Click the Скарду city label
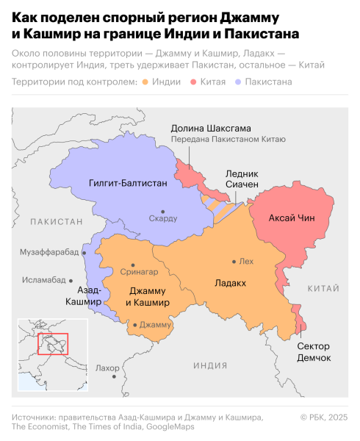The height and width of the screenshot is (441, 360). coord(163,218)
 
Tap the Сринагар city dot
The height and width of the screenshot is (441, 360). coord(133,265)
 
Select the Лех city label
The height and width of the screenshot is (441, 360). coord(246,261)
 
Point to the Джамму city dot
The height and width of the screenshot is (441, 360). coord(135,324)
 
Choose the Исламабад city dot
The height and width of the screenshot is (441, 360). coord(71,280)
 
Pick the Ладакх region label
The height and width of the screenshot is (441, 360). coord(230,282)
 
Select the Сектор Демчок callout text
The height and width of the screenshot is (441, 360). coord(314,351)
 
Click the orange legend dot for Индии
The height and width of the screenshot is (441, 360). coord(146,82)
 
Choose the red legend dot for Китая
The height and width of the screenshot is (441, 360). coord(192,82)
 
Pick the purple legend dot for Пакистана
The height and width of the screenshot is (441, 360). coord(234,82)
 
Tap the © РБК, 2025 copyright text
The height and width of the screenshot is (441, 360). coord(324,417)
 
